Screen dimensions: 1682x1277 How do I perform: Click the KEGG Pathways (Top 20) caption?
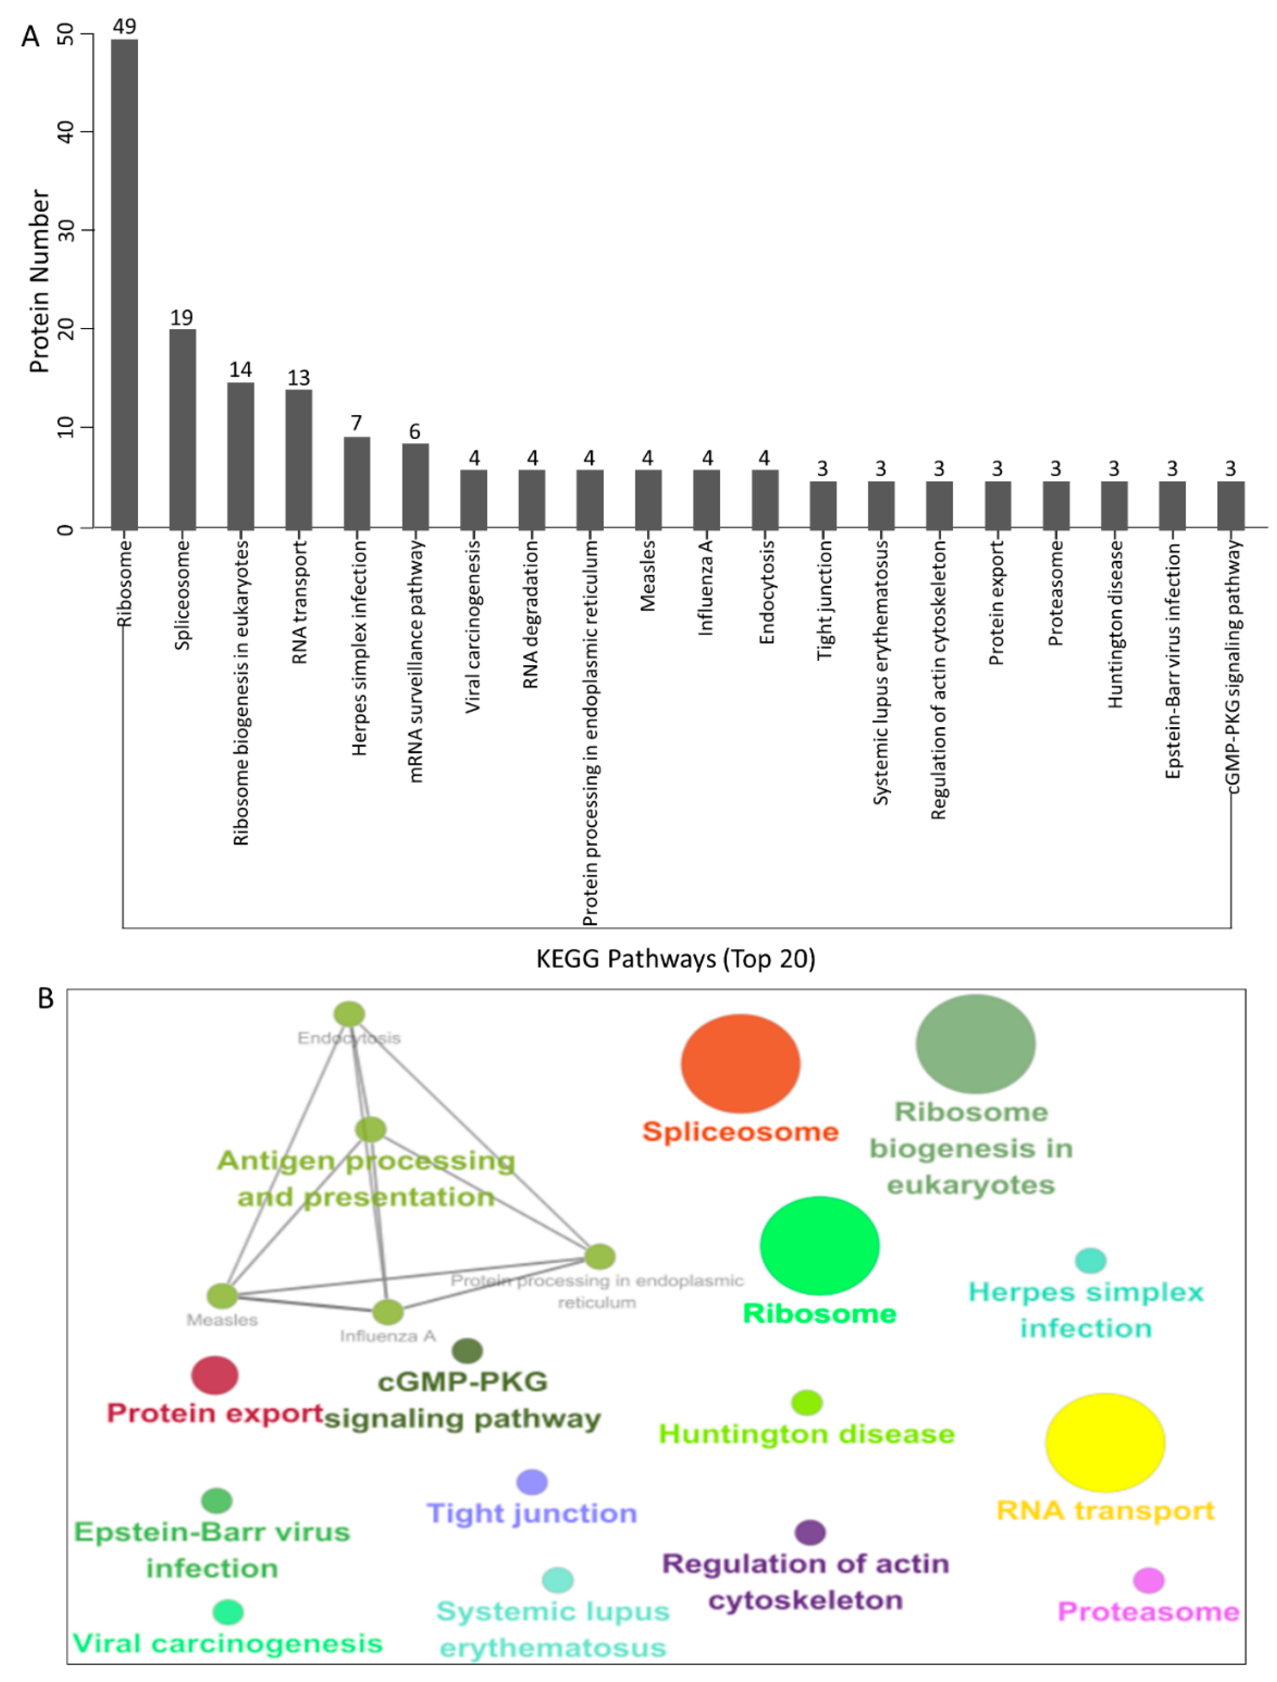pos(675,959)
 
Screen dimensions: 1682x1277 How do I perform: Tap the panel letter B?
pos(45,998)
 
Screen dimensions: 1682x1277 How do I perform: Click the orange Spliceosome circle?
pos(739,1063)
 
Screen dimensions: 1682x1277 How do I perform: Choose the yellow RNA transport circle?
pos(1104,1443)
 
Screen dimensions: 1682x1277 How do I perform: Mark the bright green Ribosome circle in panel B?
pos(820,1245)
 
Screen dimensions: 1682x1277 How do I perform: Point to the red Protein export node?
pos(215,1375)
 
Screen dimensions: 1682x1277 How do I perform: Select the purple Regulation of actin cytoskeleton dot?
pos(810,1532)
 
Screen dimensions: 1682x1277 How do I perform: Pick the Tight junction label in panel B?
pos(531,1513)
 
